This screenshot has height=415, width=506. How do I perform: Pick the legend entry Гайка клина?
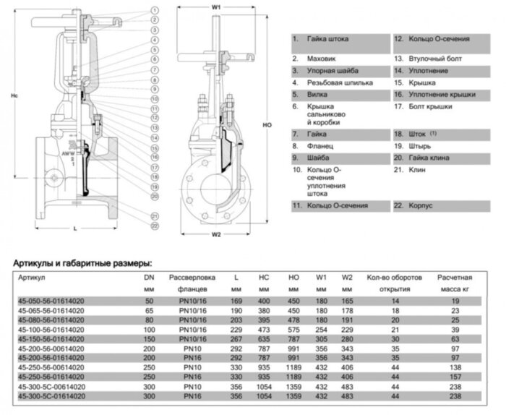click(426, 158)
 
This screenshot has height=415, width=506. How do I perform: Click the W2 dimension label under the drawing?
click(216, 234)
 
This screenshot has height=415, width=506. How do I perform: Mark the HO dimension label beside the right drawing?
click(267, 125)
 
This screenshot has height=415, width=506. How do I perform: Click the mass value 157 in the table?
click(455, 376)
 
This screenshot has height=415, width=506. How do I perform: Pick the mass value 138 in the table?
click(455, 367)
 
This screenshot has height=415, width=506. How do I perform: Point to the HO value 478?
click(294, 319)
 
